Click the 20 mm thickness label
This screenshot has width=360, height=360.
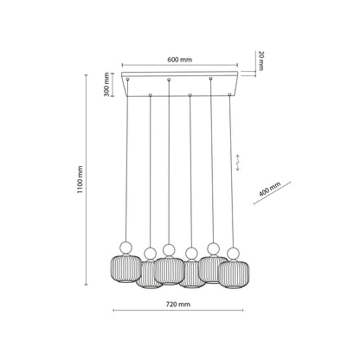pos(260,61)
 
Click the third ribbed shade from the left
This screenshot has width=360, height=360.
pos(169,268)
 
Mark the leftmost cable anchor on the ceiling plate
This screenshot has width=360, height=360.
pos(128,80)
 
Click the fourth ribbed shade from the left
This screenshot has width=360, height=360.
pos(191,274)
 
